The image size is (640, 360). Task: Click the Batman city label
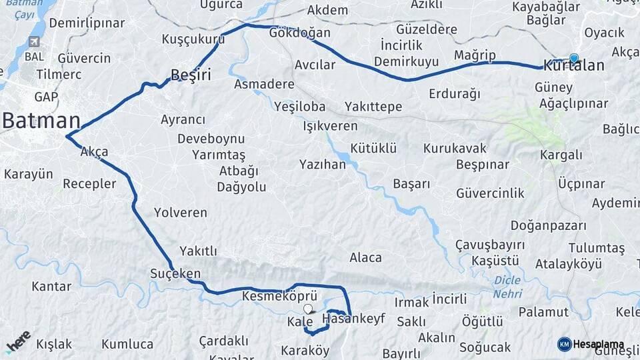pyautogui.click(x=41, y=121)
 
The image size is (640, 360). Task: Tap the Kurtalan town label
pyautogui.click(x=574, y=66)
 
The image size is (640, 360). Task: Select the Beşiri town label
pyautogui.click(x=191, y=75)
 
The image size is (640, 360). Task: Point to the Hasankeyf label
pyautogui.click(x=353, y=319)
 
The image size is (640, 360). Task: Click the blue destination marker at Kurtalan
pyautogui.click(x=574, y=58)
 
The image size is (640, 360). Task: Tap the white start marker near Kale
pyautogui.click(x=308, y=309)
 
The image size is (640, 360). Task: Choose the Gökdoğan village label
pyautogui.click(x=300, y=33)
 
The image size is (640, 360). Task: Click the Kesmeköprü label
pyautogui.click(x=279, y=295)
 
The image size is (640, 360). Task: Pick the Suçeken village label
pyautogui.click(x=175, y=274)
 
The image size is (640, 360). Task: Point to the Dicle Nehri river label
pyautogui.click(x=507, y=287)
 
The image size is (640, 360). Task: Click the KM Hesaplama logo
pyautogui.click(x=591, y=344)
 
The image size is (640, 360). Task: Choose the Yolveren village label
pyautogui.click(x=180, y=213)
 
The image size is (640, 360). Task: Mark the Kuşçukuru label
pyautogui.click(x=193, y=39)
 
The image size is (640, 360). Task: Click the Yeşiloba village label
pyautogui.click(x=299, y=107)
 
